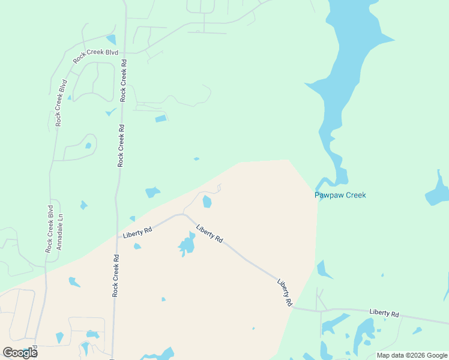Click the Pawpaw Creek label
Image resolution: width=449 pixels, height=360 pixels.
tap(340, 195)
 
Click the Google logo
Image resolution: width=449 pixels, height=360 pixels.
tap(20, 353)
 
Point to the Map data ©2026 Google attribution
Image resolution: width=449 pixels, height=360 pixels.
tap(412, 355)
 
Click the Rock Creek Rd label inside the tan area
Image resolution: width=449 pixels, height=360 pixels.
tap(115, 275)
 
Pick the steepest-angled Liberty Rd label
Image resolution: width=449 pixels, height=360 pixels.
tap(285, 293)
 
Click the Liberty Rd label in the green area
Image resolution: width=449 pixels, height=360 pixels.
tap(384, 313)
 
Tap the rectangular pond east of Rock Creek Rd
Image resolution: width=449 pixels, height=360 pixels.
tap(160, 119)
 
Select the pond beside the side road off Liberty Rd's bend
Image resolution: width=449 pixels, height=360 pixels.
tap(207, 202)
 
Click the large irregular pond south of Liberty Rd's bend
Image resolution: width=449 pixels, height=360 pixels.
tap(187, 245)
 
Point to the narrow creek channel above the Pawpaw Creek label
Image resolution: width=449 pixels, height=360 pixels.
tap(327, 180)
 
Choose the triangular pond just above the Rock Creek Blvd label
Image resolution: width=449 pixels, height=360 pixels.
tap(111, 40)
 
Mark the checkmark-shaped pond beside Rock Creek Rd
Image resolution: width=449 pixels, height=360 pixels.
tap(111, 112)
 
